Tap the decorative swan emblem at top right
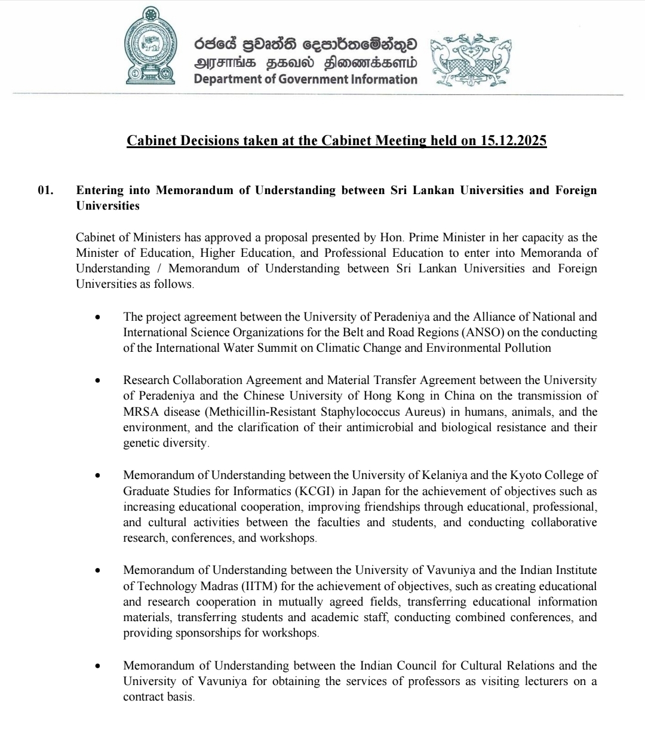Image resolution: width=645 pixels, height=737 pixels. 471,62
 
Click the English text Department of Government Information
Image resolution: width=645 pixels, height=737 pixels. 305,79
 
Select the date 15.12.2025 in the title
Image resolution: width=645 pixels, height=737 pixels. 513,141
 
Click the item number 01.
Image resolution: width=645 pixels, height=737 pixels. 45,191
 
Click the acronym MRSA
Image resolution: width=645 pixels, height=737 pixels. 139,412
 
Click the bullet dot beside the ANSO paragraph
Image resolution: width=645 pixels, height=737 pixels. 98,317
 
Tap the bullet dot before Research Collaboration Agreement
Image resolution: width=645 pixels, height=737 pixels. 98,380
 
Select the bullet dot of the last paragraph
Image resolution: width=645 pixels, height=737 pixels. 98,666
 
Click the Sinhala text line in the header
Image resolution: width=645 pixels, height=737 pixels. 305,45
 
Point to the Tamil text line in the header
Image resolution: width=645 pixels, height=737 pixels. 305,63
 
